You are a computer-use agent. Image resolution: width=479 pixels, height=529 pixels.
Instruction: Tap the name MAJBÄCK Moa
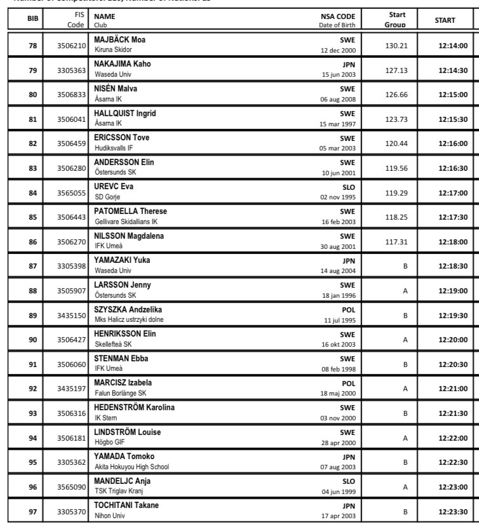pyautogui.click(x=120, y=39)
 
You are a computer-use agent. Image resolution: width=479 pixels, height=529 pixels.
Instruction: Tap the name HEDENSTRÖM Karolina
pyautogui.click(x=134, y=407)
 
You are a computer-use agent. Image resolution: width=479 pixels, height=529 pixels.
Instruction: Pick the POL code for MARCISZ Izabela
pyautogui.click(x=349, y=384)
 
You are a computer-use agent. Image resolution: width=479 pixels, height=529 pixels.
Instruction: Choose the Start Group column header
pyautogui.click(x=395, y=20)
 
